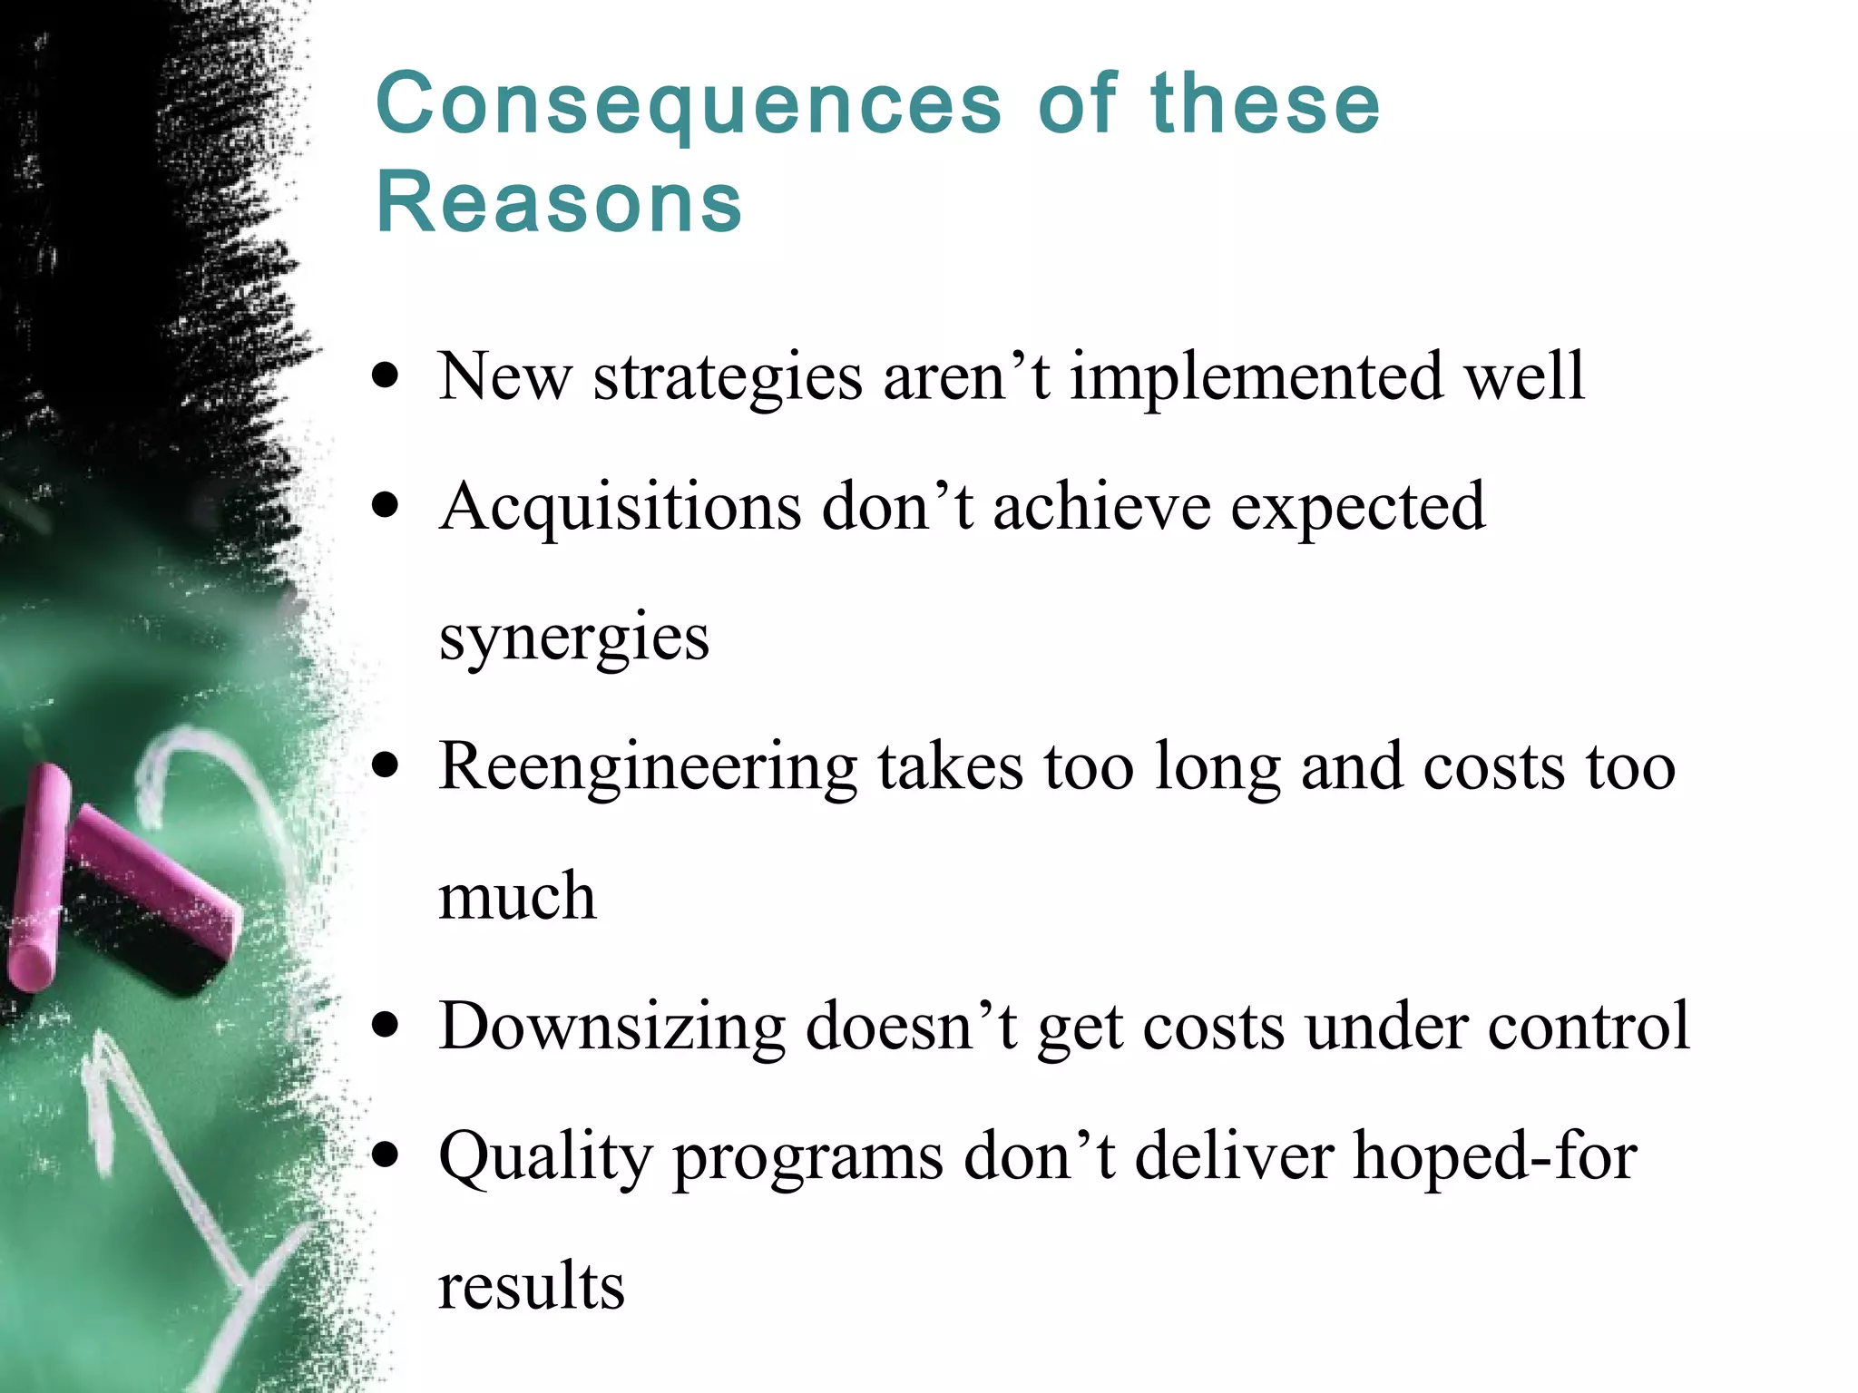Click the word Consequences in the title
(x=689, y=104)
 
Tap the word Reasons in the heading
(x=559, y=201)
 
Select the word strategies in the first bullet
(x=728, y=376)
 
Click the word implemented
(x=1257, y=376)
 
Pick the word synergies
(x=573, y=638)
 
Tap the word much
(x=517, y=896)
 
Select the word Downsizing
(x=612, y=1027)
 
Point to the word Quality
(x=545, y=1158)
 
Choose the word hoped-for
(x=1495, y=1156)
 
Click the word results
(x=532, y=1286)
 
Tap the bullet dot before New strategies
(x=386, y=376)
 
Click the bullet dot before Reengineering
(x=386, y=766)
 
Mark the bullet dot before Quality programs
(x=386, y=1156)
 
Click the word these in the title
(x=1265, y=104)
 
